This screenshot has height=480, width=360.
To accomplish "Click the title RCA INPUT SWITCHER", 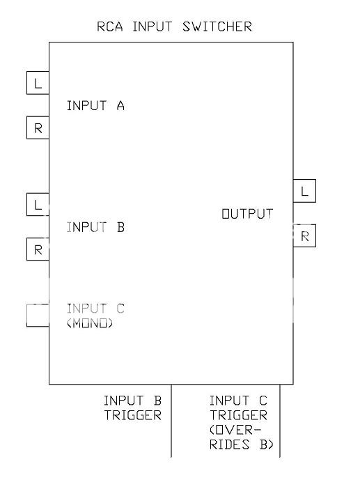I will pyautogui.click(x=174, y=27).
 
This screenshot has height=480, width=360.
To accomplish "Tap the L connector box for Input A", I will pyautogui.click(x=38, y=84).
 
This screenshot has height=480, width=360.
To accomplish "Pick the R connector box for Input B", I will pyautogui.click(x=38, y=249).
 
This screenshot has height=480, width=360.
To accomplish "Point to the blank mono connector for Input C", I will pyautogui.click(x=38, y=315).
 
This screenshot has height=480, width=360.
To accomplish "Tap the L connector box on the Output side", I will pyautogui.click(x=304, y=192).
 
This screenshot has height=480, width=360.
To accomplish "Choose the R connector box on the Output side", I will pyautogui.click(x=304, y=236).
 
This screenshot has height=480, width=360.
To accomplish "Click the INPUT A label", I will pyautogui.click(x=95, y=106).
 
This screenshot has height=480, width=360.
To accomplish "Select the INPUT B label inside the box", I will pyautogui.click(x=95, y=226).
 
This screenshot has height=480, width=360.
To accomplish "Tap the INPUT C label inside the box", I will pyautogui.click(x=95, y=308).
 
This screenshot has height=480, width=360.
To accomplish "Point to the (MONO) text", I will pyautogui.click(x=91, y=324).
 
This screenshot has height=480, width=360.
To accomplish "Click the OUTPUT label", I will pyautogui.click(x=247, y=214).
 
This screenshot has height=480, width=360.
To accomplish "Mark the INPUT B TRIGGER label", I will pyautogui.click(x=132, y=408).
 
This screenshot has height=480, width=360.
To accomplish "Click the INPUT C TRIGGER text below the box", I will pyautogui.click(x=238, y=408).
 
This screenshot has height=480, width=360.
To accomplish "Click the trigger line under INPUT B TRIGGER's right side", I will pyautogui.click(x=171, y=425).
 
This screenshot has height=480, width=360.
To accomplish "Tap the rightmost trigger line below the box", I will pyautogui.click(x=280, y=425).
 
